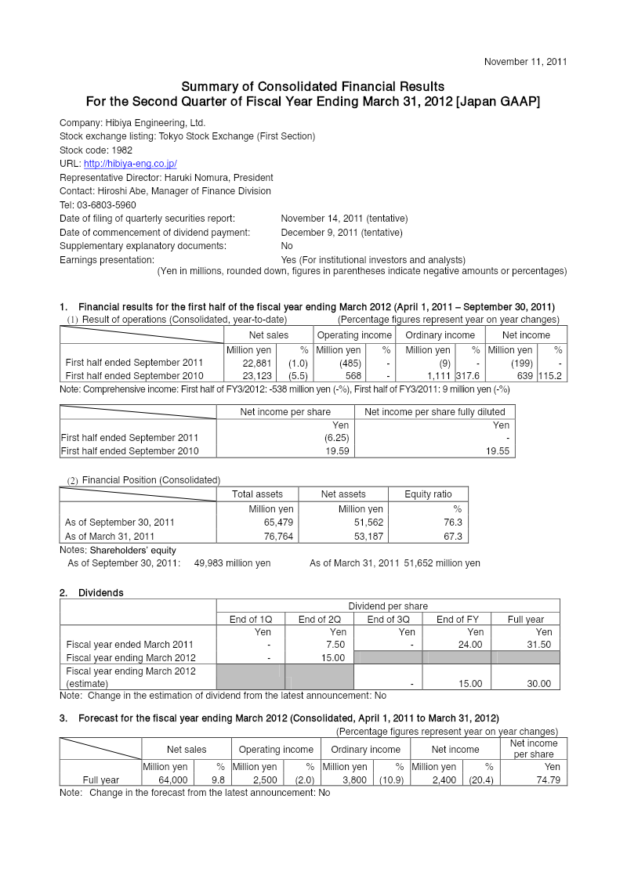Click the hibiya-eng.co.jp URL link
[x=130, y=164]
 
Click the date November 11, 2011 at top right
[x=525, y=61]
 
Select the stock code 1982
[x=121, y=150]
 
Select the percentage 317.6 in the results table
[x=467, y=376]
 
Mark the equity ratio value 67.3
[x=453, y=537]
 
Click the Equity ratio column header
[x=428, y=494]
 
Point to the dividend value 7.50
[x=335, y=645]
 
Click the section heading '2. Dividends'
[x=92, y=593]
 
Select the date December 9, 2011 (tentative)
[x=342, y=233]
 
